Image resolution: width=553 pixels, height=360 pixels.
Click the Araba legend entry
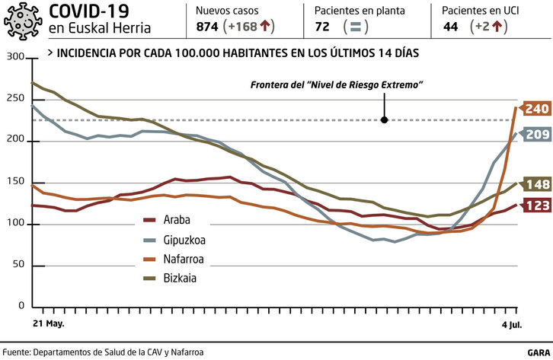tap(177, 200)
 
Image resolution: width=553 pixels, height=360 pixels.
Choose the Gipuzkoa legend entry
tap(184, 219)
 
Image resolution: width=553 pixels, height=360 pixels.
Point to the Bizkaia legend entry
tap(180, 258)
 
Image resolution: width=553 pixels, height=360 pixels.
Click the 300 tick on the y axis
tap(14, 58)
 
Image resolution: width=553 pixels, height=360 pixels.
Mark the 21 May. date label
tap(48, 323)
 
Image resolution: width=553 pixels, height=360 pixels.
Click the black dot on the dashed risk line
tap(385, 119)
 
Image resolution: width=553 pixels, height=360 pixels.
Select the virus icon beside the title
tap(24, 21)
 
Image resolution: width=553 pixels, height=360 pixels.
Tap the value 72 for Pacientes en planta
tap(322, 27)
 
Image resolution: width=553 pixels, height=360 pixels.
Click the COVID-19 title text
tap(88, 11)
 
